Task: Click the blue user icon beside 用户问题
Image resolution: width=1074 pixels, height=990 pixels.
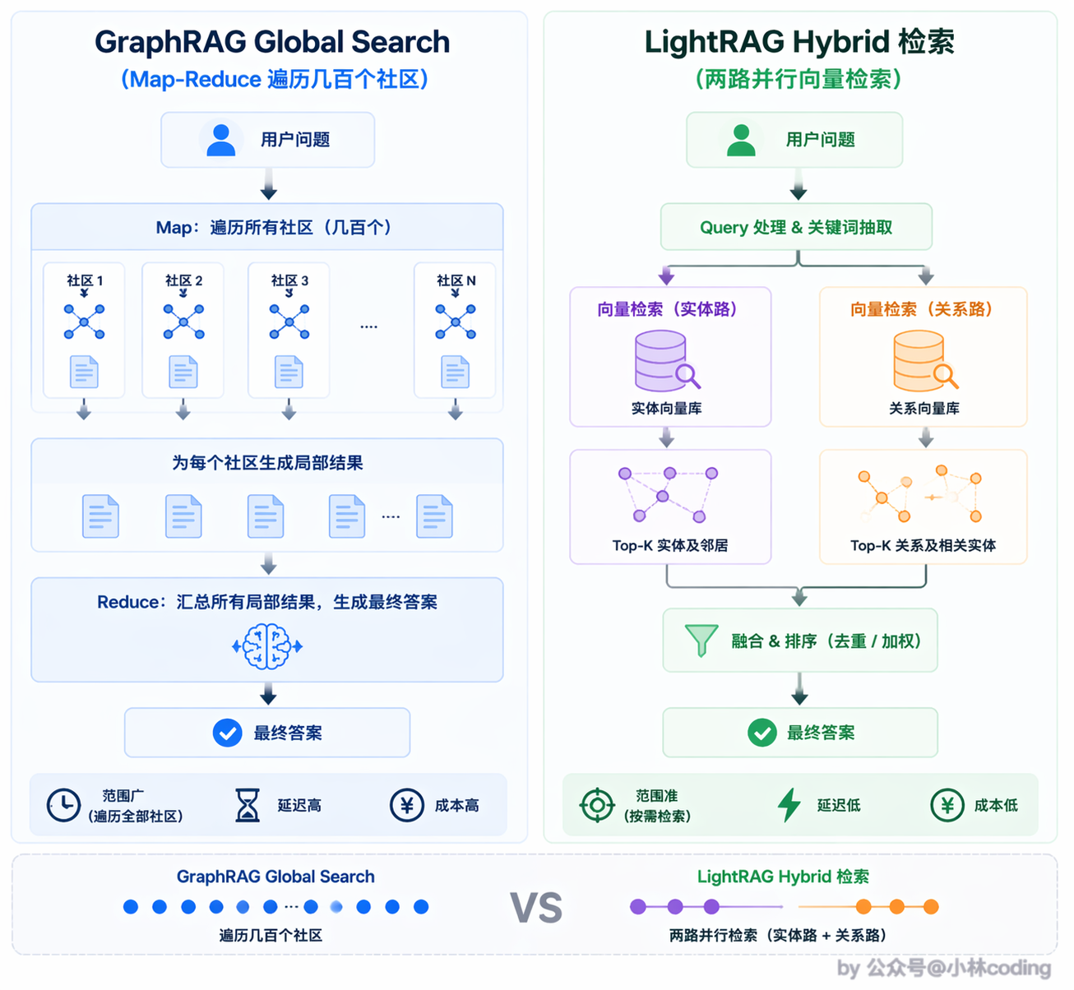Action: click(220, 140)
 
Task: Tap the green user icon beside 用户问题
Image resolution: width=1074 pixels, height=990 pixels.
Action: click(741, 140)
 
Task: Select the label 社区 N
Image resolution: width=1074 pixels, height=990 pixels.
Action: click(456, 280)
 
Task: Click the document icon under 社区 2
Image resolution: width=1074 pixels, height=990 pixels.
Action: click(183, 372)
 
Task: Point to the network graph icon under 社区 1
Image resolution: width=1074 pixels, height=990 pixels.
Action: click(84, 322)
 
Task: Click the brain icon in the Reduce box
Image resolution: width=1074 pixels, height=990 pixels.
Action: click(267, 646)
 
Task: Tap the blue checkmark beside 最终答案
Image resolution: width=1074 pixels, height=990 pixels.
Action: click(227, 733)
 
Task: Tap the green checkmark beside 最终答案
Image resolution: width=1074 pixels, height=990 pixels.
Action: click(762, 733)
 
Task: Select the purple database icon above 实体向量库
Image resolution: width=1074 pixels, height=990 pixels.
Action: click(667, 361)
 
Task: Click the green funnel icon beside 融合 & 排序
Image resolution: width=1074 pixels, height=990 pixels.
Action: click(701, 641)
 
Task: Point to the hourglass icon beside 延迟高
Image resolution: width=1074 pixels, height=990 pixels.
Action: click(248, 806)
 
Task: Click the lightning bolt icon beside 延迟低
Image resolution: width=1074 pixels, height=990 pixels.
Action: click(789, 806)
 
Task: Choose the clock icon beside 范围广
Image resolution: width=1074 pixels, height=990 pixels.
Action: click(63, 806)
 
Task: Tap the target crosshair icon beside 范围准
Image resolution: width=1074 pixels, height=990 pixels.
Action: click(597, 806)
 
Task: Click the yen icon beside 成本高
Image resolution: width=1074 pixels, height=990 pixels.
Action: click(407, 806)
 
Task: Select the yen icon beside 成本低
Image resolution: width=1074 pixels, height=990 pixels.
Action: click(947, 806)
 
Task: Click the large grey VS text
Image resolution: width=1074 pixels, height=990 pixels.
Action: click(536, 908)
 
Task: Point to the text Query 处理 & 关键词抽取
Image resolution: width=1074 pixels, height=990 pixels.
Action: click(796, 228)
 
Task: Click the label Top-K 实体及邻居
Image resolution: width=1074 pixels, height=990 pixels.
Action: click(670, 545)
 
